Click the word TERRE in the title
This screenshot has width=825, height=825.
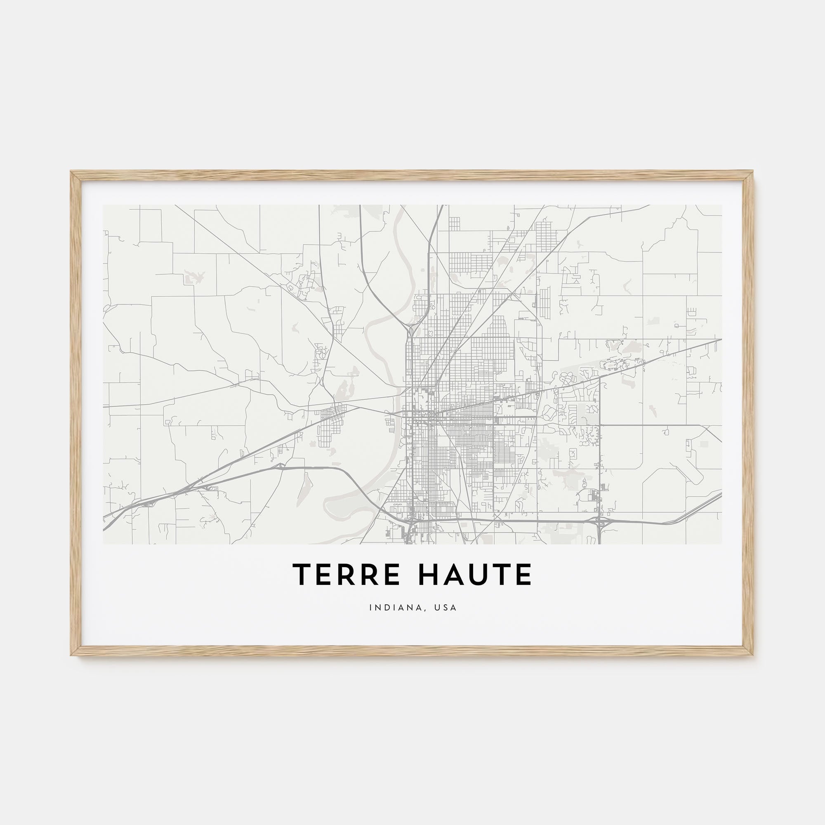(x=346, y=575)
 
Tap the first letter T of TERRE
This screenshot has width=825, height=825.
(x=302, y=575)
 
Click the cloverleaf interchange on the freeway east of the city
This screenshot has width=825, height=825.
(x=599, y=521)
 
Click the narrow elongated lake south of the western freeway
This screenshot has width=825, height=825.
(x=305, y=487)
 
